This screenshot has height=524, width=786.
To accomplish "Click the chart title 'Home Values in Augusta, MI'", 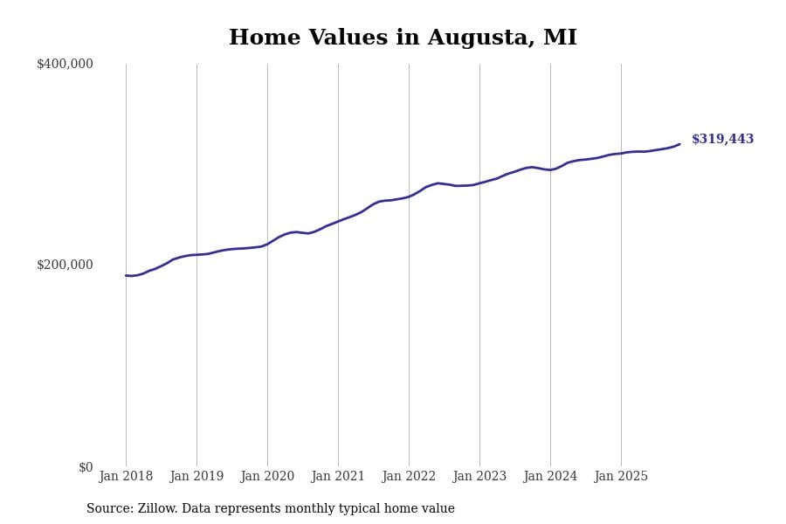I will click(403, 38).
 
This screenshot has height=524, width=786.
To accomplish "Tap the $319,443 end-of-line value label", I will click(722, 140).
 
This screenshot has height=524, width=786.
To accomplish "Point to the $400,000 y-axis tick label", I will click(65, 64).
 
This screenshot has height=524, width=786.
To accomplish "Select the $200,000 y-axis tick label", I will click(65, 265).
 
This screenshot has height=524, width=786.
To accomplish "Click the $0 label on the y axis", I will click(86, 467).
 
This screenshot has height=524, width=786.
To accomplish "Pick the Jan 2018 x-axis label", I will click(126, 477).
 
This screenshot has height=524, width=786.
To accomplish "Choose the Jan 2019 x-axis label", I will click(196, 477).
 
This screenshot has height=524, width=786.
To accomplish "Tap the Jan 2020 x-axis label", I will click(267, 477).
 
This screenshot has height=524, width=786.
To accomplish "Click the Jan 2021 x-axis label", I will click(338, 477).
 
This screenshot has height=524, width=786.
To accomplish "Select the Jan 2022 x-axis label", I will click(409, 477).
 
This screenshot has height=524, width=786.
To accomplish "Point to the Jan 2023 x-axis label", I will click(479, 477).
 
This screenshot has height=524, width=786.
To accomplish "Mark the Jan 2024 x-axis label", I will click(550, 477).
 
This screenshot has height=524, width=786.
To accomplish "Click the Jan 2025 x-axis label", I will click(621, 477).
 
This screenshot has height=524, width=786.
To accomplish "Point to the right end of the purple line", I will click(679, 144).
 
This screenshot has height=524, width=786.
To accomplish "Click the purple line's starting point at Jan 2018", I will click(126, 275).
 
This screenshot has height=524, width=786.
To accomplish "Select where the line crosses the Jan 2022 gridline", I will click(409, 196).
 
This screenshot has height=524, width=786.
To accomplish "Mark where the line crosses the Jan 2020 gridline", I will click(267, 244).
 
